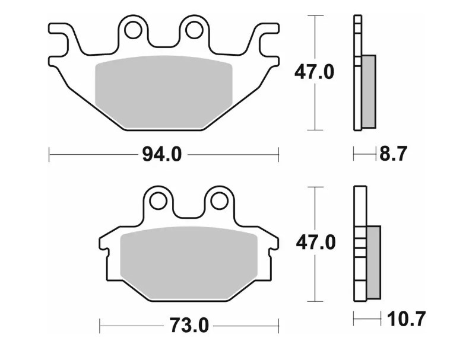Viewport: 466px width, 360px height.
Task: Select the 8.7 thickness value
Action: pos(392,155)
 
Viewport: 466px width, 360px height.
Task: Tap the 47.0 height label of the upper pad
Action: pos(315,72)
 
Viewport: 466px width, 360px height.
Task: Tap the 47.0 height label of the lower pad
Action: pos(315,243)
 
